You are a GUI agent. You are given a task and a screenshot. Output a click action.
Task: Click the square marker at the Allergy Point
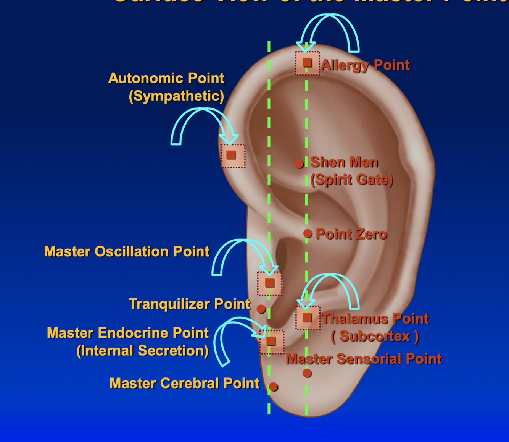[x=307, y=63]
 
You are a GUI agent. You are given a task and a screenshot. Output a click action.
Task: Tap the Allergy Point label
[x=365, y=65]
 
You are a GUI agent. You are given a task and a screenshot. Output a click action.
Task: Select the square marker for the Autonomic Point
[x=231, y=155]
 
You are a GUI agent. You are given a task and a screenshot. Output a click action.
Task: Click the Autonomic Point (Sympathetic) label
[x=166, y=87]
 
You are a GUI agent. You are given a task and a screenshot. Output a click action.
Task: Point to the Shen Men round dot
[x=299, y=164]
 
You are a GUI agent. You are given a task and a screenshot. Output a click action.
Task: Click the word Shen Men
[x=344, y=162]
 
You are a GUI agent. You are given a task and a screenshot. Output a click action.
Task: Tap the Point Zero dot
[x=308, y=233]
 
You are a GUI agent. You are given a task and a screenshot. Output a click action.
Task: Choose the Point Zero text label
[x=351, y=234]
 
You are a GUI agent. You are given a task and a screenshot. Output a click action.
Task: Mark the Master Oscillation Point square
[x=269, y=283]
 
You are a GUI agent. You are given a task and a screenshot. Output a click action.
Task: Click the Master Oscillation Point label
[x=127, y=251]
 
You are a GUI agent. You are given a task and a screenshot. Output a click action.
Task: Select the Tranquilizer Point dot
[x=261, y=309]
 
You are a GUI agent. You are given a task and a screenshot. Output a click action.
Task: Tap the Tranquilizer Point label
[x=190, y=304]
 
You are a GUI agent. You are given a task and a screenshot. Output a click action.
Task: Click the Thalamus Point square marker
[x=307, y=317]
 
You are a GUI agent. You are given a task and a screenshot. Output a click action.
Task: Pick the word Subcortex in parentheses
[x=375, y=336]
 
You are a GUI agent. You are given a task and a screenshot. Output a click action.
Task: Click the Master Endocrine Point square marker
[x=271, y=341]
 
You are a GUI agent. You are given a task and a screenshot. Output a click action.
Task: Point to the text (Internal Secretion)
[x=142, y=350]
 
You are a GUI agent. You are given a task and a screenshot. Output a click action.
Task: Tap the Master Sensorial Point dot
[x=307, y=373]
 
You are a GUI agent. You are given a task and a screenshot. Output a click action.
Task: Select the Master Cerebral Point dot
[x=273, y=387]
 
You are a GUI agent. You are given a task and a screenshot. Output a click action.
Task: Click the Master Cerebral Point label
[x=184, y=383]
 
